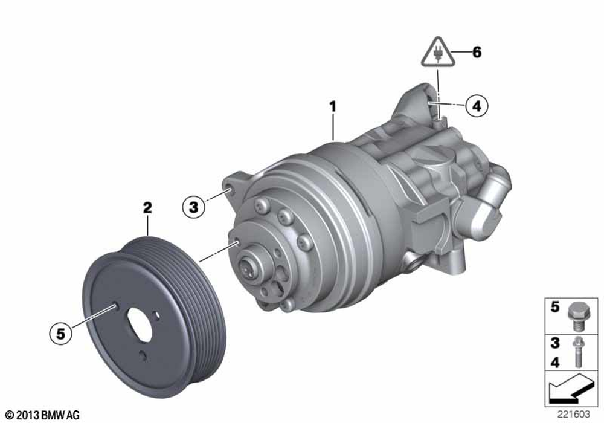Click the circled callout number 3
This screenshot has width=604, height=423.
(193, 207)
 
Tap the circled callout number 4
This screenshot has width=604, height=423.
(477, 106)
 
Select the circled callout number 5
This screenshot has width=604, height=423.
(61, 334)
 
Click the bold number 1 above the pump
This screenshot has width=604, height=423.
(333, 107)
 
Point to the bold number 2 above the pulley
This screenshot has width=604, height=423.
(147, 208)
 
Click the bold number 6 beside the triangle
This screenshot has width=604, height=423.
(477, 52)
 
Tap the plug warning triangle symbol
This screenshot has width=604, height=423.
(438, 53)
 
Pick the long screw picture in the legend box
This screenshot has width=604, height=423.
(577, 352)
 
